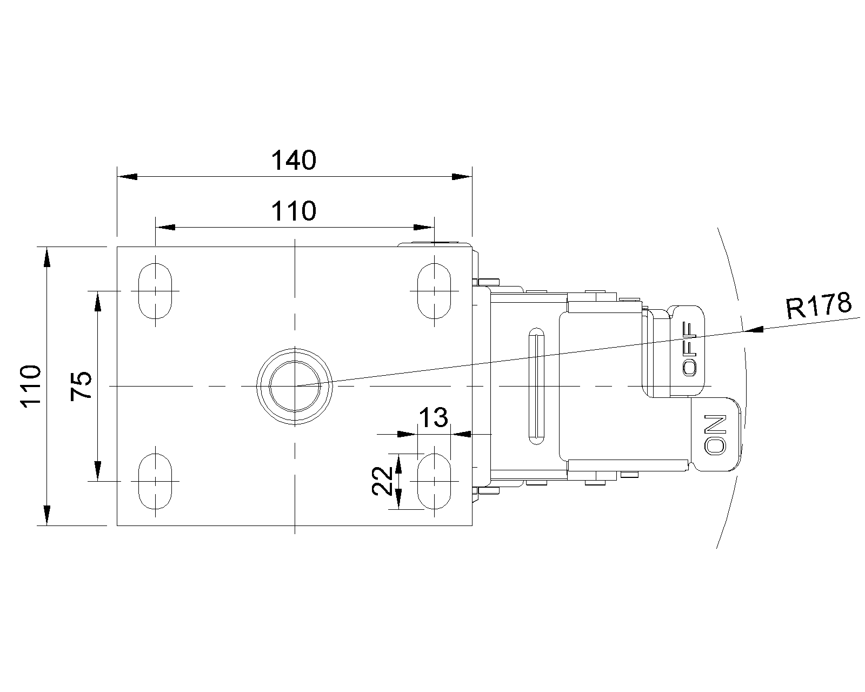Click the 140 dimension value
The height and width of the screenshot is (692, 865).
click(294, 161)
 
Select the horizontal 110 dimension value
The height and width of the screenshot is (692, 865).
click(294, 211)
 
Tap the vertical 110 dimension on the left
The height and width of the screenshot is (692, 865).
click(31, 387)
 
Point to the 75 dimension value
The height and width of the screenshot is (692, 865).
click(81, 386)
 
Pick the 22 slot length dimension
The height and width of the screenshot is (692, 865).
click(381, 481)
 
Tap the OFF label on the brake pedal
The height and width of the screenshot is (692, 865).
click(689, 349)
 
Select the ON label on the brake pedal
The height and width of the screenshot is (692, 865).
click(715, 435)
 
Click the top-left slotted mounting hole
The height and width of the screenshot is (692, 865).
click(155, 291)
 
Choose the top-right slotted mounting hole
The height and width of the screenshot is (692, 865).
click(434, 291)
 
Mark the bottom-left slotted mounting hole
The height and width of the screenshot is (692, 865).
click(155, 481)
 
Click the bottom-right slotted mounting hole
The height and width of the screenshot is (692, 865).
click(434, 481)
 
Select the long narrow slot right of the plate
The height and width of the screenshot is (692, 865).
click(537, 386)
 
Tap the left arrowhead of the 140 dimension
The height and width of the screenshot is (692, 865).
click(127, 177)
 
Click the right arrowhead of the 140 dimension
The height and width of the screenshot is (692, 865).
click(462, 177)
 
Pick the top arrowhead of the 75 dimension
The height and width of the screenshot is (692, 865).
click(98, 301)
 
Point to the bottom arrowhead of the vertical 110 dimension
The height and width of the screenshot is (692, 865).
click(47, 515)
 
